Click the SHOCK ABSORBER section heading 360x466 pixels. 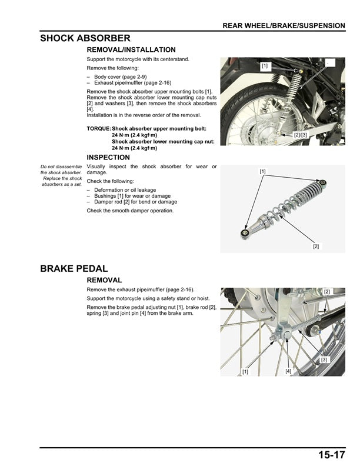tap(85, 38)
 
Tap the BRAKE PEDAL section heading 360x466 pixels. tap(74, 269)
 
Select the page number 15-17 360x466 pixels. tap(332, 455)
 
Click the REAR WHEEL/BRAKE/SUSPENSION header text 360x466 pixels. tap(284, 25)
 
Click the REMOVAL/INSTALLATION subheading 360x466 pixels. tap(131, 50)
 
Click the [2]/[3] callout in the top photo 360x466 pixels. tap(301, 135)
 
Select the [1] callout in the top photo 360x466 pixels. tap(265, 66)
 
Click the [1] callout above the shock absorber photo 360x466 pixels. tap(262, 172)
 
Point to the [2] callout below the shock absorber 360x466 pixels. tap(316, 246)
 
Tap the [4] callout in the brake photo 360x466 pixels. tap(288, 371)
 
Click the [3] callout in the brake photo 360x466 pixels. tap(324, 359)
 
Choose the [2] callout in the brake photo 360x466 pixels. tap(327, 292)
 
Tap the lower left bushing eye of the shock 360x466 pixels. tap(242, 233)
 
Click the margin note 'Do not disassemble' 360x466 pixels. tap(61, 167)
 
